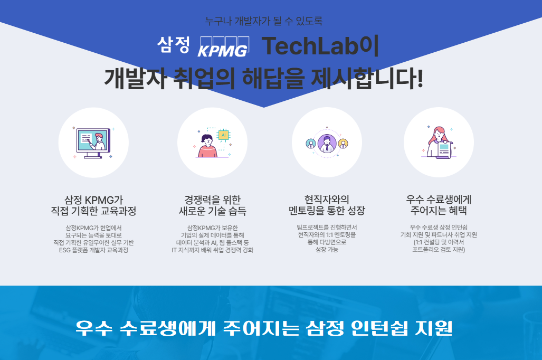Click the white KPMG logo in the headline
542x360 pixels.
coord(223,46)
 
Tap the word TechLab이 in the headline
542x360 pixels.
coord(320,45)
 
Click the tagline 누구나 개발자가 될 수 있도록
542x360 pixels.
coord(264,21)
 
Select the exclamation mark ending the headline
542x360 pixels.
coord(420,78)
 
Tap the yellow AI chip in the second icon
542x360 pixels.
coord(223,135)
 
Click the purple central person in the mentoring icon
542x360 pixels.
coord(327,144)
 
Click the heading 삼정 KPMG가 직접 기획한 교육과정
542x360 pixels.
coord(93,205)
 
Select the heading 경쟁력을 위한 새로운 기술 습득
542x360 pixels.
coord(213,205)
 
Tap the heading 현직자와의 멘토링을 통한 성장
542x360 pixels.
coord(327,205)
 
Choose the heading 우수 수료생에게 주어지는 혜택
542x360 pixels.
coord(439,205)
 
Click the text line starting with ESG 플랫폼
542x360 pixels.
coord(93,250)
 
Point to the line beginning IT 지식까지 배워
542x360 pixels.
coord(213,250)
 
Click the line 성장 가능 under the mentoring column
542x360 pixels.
coord(327,249)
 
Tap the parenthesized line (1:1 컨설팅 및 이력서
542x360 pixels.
coord(439,242)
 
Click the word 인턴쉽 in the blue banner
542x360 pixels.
coord(379,328)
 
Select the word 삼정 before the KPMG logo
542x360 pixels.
coord(173,45)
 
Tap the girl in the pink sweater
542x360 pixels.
coord(207,146)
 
